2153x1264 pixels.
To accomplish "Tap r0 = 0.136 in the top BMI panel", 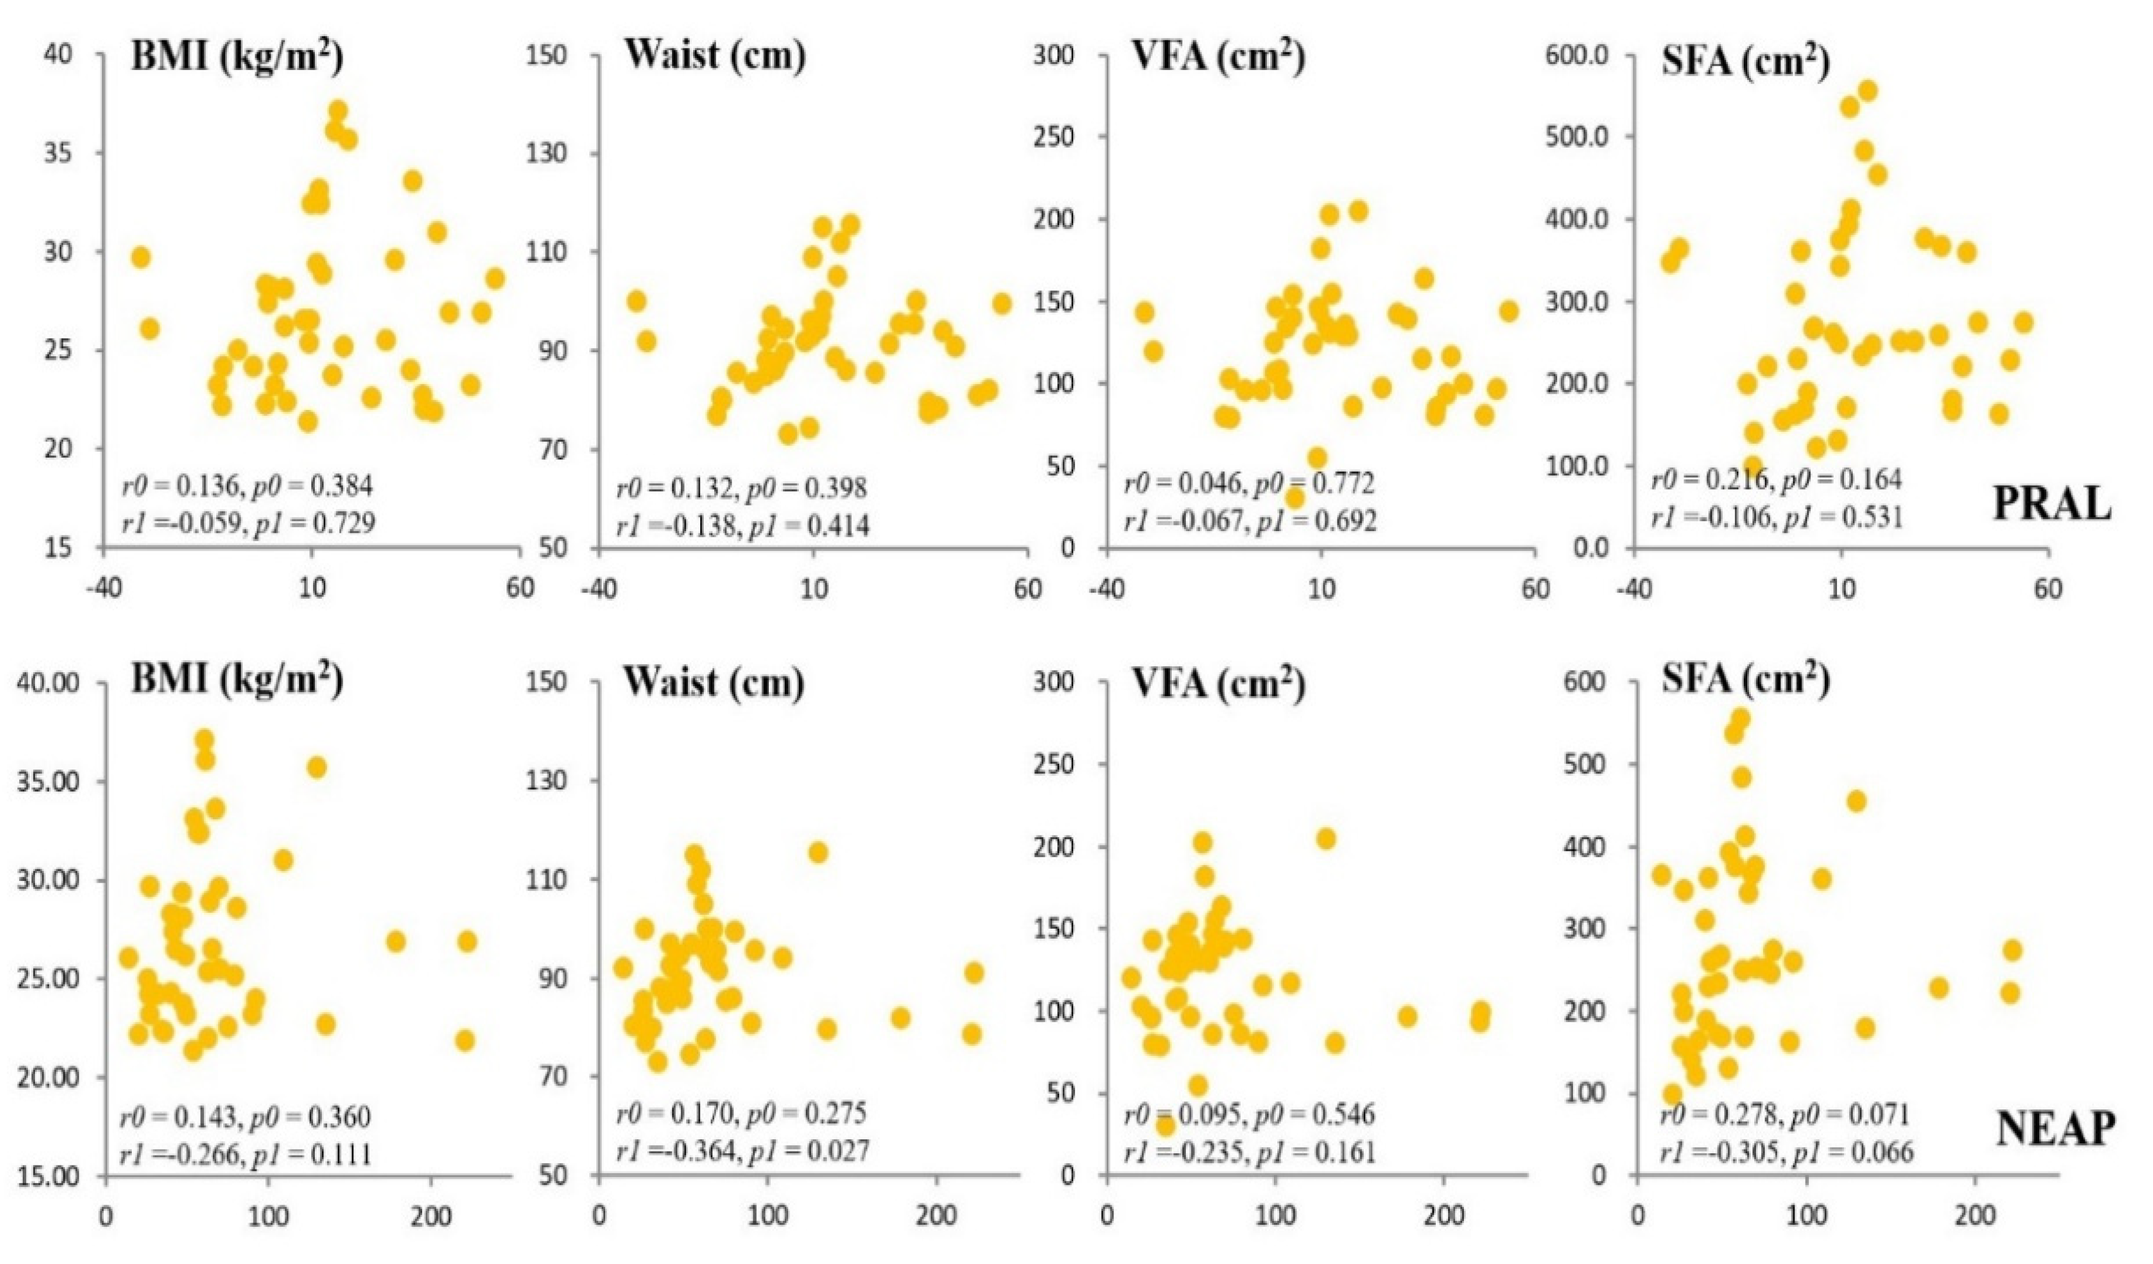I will point(173,486).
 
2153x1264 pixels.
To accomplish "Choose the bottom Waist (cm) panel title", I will point(714,684).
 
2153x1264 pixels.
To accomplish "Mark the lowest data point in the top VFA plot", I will point(1296,497).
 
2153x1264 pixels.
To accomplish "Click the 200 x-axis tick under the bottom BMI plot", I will point(430,1214).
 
